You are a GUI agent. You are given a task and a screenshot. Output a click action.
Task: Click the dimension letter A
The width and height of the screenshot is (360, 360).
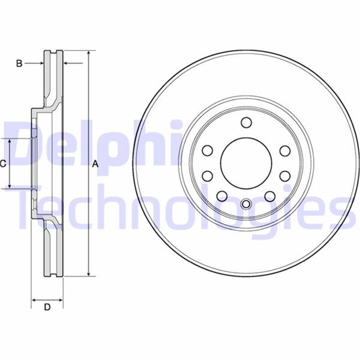(95, 164)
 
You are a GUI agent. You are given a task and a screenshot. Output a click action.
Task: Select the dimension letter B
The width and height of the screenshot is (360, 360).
(19, 63)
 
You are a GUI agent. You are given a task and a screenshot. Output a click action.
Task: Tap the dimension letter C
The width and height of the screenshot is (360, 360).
(3, 164)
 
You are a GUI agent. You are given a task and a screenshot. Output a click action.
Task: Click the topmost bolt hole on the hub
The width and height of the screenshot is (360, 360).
(246, 122)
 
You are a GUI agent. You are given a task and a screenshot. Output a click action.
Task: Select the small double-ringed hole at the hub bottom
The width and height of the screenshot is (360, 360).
(246, 204)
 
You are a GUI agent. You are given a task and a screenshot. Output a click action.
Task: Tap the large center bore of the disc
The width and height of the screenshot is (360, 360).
(246, 163)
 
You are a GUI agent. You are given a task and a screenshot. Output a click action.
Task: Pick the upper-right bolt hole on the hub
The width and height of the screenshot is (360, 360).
(285, 151)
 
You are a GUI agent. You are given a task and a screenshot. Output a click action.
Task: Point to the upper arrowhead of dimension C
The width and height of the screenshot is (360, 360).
(10, 141)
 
